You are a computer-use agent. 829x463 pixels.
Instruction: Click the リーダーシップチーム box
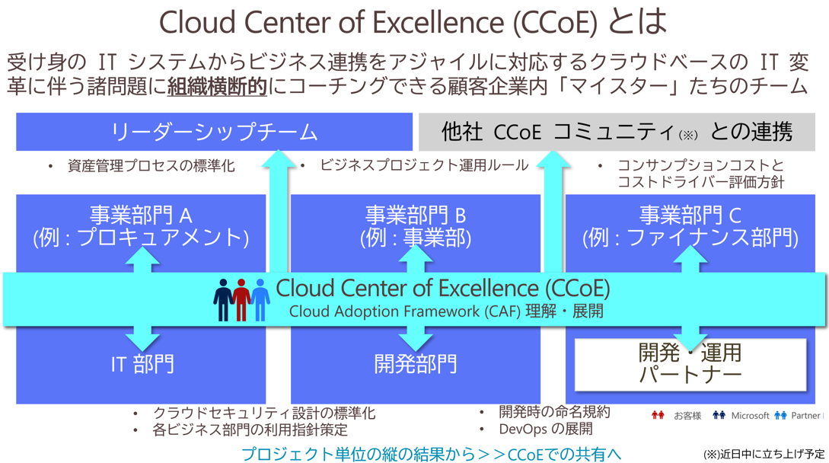tap(214, 132)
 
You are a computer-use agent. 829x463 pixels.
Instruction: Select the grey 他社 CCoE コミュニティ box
tap(617, 132)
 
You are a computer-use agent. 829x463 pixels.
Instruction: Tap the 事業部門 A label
tap(141, 216)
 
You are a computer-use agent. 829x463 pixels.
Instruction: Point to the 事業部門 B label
tap(416, 216)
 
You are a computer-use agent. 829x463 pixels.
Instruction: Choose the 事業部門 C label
tap(690, 216)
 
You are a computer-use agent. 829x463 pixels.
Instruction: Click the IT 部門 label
tap(142, 364)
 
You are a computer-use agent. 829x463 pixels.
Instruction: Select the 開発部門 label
tap(416, 364)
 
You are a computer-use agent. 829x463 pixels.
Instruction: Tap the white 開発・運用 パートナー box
tap(690, 365)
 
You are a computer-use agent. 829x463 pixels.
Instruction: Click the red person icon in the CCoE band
tap(241, 300)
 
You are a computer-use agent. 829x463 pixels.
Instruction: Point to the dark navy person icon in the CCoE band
tap(222, 300)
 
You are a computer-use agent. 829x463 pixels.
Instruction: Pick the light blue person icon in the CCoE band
tap(260, 300)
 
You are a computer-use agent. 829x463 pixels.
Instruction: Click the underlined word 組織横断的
tap(217, 86)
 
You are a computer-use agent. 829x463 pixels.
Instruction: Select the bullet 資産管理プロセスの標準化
tap(151, 166)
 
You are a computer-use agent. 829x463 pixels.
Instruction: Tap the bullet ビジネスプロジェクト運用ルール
tap(424, 165)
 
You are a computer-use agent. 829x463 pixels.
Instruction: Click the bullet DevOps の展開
tap(546, 429)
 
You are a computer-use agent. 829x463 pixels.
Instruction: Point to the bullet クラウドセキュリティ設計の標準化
tap(264, 413)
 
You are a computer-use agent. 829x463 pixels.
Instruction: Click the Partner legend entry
tap(797, 415)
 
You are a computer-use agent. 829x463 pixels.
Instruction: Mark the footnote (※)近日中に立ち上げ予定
tap(764, 454)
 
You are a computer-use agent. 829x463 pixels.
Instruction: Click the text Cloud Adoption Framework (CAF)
tap(405, 311)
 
